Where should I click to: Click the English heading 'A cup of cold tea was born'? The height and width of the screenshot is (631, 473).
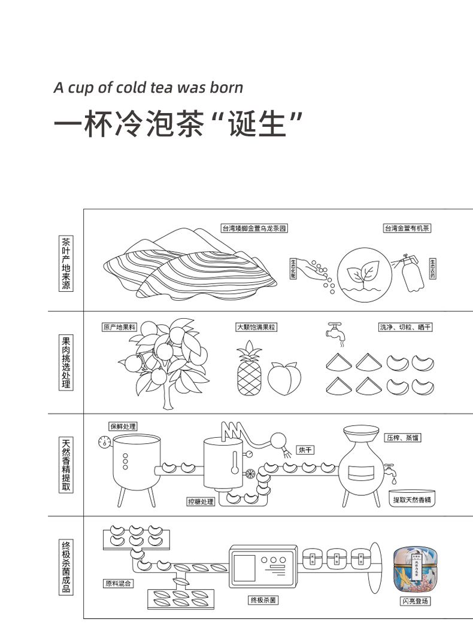pyautogui.click(x=148, y=87)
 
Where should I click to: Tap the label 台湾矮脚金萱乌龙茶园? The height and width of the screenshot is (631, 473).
pyautogui.click(x=255, y=228)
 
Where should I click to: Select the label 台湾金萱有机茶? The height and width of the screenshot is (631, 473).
pyautogui.click(x=407, y=228)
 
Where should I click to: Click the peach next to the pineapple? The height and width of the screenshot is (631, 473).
pyautogui.click(x=284, y=378)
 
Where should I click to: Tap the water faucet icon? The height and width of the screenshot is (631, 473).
pyautogui.click(x=335, y=333)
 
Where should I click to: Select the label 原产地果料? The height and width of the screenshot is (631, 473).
pyautogui.click(x=120, y=327)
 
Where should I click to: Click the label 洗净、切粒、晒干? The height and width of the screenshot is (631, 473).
pyautogui.click(x=405, y=327)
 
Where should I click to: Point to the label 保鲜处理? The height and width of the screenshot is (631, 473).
pyautogui.click(x=122, y=426)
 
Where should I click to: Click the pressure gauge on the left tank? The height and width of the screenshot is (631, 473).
pyautogui.click(x=105, y=443)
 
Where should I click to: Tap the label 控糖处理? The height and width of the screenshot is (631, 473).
pyautogui.click(x=200, y=502)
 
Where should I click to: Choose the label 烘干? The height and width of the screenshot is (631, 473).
pyautogui.click(x=305, y=450)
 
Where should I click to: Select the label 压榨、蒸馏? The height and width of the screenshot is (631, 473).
pyautogui.click(x=403, y=438)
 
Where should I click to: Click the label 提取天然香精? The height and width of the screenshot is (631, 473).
pyautogui.click(x=413, y=499)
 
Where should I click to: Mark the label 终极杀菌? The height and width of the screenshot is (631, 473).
pyautogui.click(x=263, y=599)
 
